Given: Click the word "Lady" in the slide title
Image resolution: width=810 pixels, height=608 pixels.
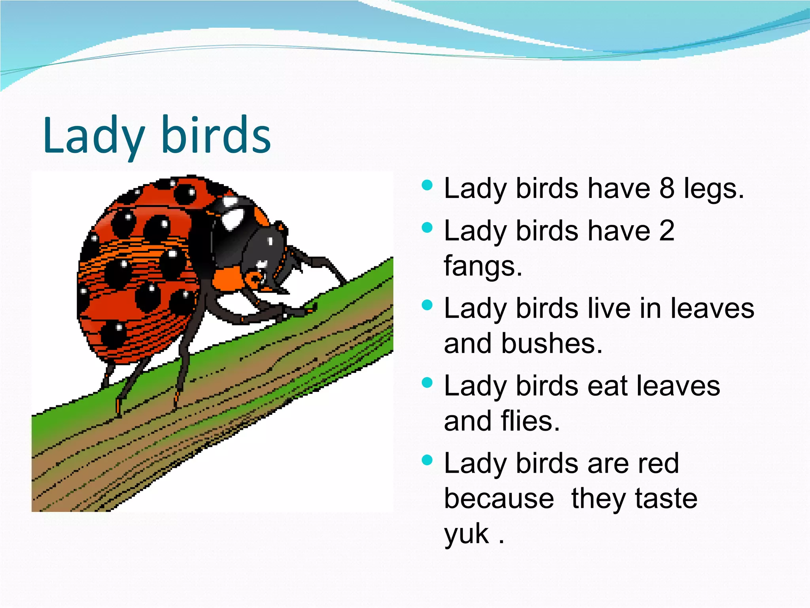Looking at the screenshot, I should coord(93,135).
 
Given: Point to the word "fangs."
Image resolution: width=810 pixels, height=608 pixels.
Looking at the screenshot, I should coord(483,266).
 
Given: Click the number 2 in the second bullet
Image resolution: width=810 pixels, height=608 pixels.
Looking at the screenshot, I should coord(667,230).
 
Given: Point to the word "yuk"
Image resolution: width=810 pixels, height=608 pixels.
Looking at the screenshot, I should coord(467,534).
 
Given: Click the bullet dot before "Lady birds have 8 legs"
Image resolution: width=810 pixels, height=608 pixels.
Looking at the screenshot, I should coord(427,185).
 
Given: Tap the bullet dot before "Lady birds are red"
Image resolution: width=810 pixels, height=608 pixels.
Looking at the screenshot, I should coord(427,460).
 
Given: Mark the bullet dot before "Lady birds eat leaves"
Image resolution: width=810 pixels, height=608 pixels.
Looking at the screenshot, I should coord(427,383).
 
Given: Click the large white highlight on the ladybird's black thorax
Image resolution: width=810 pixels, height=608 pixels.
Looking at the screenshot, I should coord(233,217).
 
